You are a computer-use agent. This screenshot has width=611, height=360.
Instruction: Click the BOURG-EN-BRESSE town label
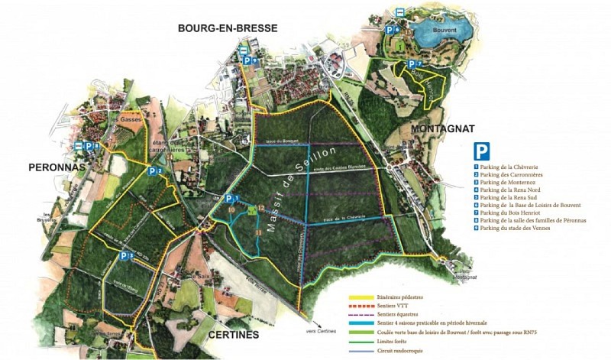click(x=227, y=28)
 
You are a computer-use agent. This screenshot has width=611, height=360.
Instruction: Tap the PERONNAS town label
click(x=56, y=167)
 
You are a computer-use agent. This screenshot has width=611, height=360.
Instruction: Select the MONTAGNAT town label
click(x=443, y=129)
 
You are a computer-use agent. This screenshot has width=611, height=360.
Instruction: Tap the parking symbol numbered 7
click(x=412, y=64)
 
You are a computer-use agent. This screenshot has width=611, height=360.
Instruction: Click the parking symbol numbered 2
click(x=153, y=172)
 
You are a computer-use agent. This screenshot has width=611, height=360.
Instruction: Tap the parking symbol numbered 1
click(x=229, y=199)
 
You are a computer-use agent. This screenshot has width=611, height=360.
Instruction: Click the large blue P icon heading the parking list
click(x=482, y=151)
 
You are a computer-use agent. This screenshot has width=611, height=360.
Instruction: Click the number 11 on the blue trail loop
click(x=258, y=231)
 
